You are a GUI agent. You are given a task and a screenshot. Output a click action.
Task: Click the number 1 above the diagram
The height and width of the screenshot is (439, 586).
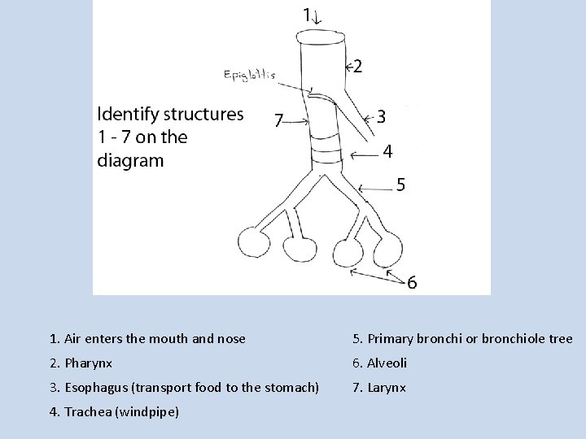click(x=307, y=14)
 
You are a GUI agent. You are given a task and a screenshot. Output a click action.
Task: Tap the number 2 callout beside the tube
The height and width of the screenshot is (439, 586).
click(x=358, y=67)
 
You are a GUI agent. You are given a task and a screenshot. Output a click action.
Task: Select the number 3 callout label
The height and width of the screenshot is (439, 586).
click(x=382, y=117)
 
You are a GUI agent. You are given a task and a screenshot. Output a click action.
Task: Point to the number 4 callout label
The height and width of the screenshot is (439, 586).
click(x=388, y=151)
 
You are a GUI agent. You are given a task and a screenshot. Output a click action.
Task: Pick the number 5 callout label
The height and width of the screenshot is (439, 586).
click(x=400, y=185)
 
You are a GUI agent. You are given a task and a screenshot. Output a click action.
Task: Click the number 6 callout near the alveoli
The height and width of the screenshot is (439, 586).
click(x=413, y=283)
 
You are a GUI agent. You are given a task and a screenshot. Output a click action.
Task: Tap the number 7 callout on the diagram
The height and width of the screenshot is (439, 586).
click(x=278, y=121)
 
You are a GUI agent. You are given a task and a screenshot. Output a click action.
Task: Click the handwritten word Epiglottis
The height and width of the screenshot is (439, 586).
click(x=249, y=75)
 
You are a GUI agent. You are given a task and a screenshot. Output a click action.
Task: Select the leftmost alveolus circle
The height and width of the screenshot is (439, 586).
click(x=254, y=241)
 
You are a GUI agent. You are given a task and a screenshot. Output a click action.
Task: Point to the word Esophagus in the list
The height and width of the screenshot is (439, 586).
click(x=92, y=388)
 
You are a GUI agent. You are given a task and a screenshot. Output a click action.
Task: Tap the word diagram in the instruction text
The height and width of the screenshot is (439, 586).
click(x=130, y=160)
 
